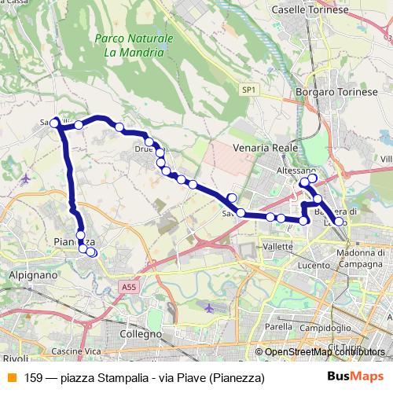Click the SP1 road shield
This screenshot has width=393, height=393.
249,90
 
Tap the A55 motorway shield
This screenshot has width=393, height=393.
129,288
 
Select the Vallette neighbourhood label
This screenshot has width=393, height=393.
277,246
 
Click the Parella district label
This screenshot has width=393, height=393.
278,325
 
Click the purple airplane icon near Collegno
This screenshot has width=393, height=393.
208,309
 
